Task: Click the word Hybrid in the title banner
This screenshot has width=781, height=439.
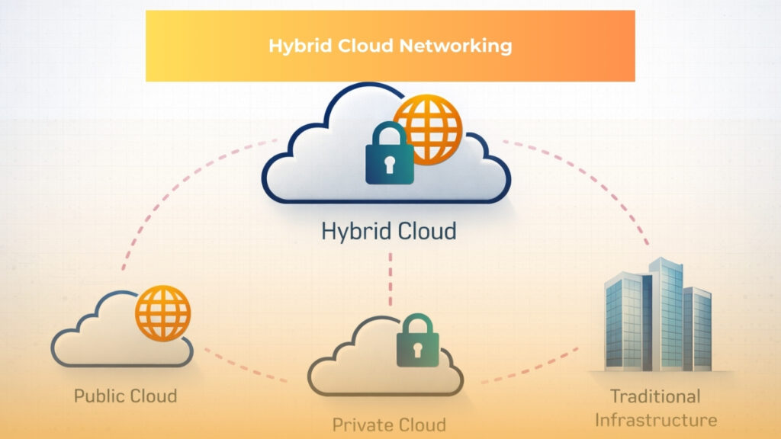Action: (294, 46)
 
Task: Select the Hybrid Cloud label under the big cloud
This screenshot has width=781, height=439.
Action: (389, 230)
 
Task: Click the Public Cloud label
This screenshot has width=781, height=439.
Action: (125, 396)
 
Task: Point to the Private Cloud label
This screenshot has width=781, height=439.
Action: (389, 424)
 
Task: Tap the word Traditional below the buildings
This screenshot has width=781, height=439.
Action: (655, 396)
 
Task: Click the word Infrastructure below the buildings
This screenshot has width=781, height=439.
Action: (655, 420)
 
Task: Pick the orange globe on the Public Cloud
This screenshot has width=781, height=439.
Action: (162, 313)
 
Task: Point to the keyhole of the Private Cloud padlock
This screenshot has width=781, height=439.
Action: (417, 349)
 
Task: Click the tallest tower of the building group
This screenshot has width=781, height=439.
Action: (660, 312)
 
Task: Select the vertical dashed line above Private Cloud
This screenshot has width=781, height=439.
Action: (390, 278)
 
